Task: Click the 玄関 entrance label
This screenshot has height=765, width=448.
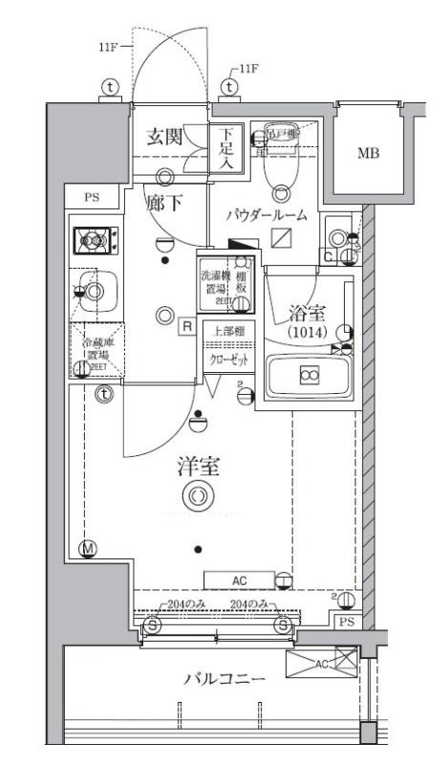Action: pyautogui.click(x=166, y=137)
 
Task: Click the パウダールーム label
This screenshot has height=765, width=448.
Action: pyautogui.click(x=267, y=215)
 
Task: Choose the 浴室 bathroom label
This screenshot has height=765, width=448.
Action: pyautogui.click(x=308, y=311)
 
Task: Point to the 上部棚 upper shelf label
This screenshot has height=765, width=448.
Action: pyautogui.click(x=227, y=331)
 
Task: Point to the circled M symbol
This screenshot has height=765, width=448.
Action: pyautogui.click(x=88, y=549)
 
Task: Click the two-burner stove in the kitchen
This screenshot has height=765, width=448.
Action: pyautogui.click(x=96, y=238)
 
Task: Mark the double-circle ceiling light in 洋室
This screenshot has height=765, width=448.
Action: pyautogui.click(x=198, y=495)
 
